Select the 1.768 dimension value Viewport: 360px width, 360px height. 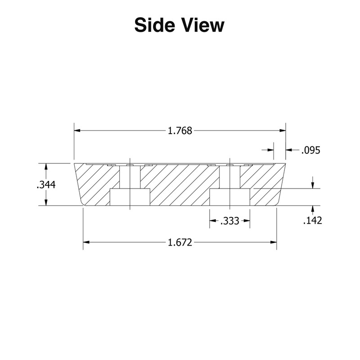[x=180, y=131]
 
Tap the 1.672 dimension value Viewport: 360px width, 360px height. [x=180, y=243]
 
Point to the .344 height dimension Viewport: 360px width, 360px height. [x=46, y=184]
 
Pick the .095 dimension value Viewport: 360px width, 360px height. [x=310, y=151]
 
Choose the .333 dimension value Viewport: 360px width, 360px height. [x=230, y=221]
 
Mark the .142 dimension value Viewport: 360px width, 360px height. [x=312, y=220]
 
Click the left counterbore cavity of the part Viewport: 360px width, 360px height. [x=130, y=197]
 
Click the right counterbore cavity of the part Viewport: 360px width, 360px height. [x=230, y=197]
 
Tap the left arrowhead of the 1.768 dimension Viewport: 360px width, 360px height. [x=77, y=131]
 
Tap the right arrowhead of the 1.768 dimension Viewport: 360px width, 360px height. [x=283, y=131]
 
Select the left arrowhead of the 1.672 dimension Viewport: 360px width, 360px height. [x=86, y=243]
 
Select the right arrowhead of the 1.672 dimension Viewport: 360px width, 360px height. [x=274, y=243]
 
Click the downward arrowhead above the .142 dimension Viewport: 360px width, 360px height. [x=312, y=185]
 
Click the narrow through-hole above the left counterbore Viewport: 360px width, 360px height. [x=130, y=177]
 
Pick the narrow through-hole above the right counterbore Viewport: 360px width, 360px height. [x=230, y=177]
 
